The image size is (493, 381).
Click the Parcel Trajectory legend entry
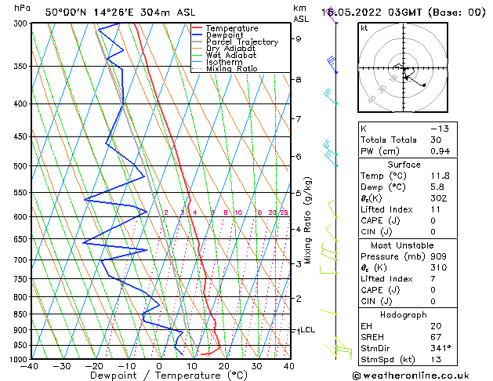point(241,42)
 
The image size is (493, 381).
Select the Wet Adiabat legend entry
point(233,56)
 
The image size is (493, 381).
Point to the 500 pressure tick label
point(20,166)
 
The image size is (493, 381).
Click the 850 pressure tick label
point(20,314)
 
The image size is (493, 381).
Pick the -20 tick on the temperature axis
point(94,365)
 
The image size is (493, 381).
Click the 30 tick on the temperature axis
point(256,365)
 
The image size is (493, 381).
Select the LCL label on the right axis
point(307,330)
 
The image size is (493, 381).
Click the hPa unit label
point(23,8)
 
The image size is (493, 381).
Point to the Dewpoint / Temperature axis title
point(159,376)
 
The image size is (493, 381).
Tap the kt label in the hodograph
point(364,28)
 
